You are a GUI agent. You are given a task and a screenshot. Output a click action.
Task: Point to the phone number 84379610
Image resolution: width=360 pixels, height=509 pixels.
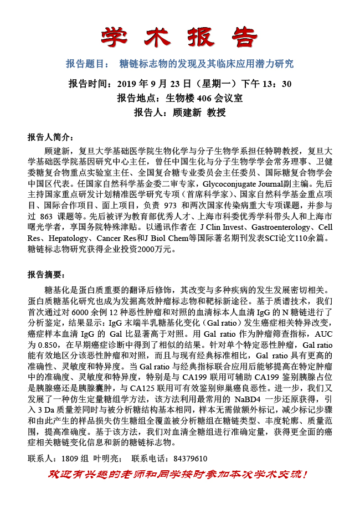pos(190,459)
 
